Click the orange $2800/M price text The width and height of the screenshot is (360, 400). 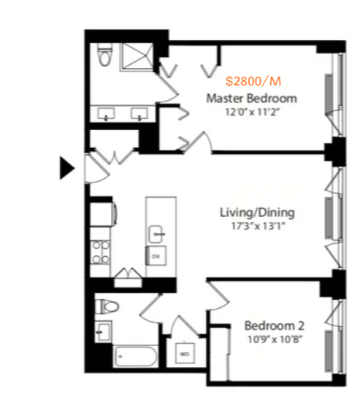coord(253,81)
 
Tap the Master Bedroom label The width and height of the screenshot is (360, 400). coord(252,99)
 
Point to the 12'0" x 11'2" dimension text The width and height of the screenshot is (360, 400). coord(253,112)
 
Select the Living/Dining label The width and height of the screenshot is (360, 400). coord(257,212)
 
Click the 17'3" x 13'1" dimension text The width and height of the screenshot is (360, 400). coord(258,226)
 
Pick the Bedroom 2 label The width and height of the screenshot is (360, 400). coord(275,326)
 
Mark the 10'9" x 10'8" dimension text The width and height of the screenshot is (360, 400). coord(275,339)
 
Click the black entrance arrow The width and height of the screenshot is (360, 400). coord(67,168)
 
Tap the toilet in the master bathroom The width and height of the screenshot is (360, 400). coord(105,55)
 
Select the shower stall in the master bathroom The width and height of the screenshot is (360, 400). coord(137,56)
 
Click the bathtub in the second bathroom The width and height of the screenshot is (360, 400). coord(135,356)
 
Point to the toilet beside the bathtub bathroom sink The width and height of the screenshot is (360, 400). coord(107,307)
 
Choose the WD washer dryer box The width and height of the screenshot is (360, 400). coord(185,353)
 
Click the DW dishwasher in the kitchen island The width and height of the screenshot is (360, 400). coord(156,256)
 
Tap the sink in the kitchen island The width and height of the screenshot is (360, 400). coord(156,234)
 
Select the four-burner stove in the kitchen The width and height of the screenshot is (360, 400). coord(101,253)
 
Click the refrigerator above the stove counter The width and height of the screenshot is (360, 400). coord(102,214)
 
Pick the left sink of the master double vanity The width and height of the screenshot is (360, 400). coord(106,114)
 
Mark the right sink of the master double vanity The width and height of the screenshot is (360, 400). coord(139,114)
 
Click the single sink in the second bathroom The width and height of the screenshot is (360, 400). coord(104,331)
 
